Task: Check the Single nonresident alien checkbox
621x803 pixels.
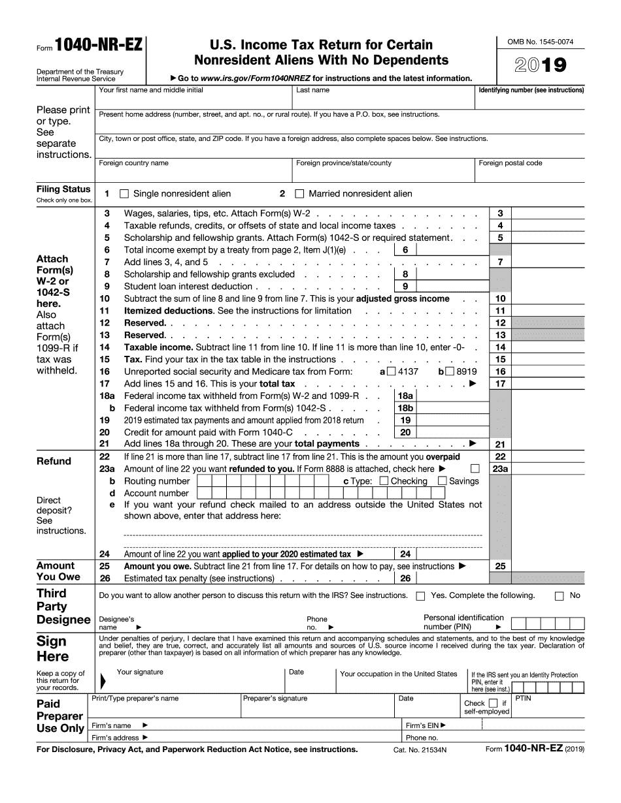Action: click(x=124, y=194)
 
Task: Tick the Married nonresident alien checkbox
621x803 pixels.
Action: click(x=300, y=194)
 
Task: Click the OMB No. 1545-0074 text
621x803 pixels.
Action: click(x=541, y=42)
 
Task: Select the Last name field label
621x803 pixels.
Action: click(x=312, y=90)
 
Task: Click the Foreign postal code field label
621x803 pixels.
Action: click(x=510, y=163)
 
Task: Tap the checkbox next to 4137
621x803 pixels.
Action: click(x=391, y=371)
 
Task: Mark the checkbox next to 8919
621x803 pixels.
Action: click(x=450, y=371)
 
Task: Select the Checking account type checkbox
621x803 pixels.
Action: click(x=384, y=481)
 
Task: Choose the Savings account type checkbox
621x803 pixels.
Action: click(x=442, y=481)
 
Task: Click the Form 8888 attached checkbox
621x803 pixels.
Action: click(x=475, y=469)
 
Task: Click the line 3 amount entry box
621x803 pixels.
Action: click(x=548, y=213)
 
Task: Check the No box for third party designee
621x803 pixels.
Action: click(x=559, y=595)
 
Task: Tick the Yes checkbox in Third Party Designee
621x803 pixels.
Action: click(x=420, y=595)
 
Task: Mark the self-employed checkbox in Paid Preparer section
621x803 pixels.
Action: click(x=494, y=703)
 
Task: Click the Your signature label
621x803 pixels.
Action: click(x=140, y=672)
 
